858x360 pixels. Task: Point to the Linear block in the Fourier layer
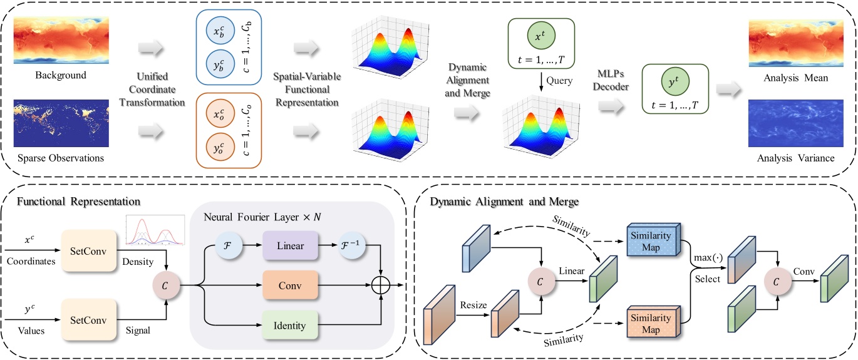point(290,246)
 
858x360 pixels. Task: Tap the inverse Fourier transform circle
point(353,246)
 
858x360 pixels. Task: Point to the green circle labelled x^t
point(540,39)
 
